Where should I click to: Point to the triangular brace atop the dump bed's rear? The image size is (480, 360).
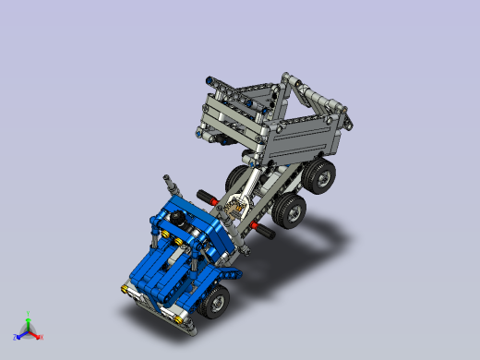pyautogui.click(x=314, y=97)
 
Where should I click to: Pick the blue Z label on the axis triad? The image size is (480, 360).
pyautogui.click(x=15, y=336)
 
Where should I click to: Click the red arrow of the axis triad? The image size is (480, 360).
pyautogui.click(x=34, y=332)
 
